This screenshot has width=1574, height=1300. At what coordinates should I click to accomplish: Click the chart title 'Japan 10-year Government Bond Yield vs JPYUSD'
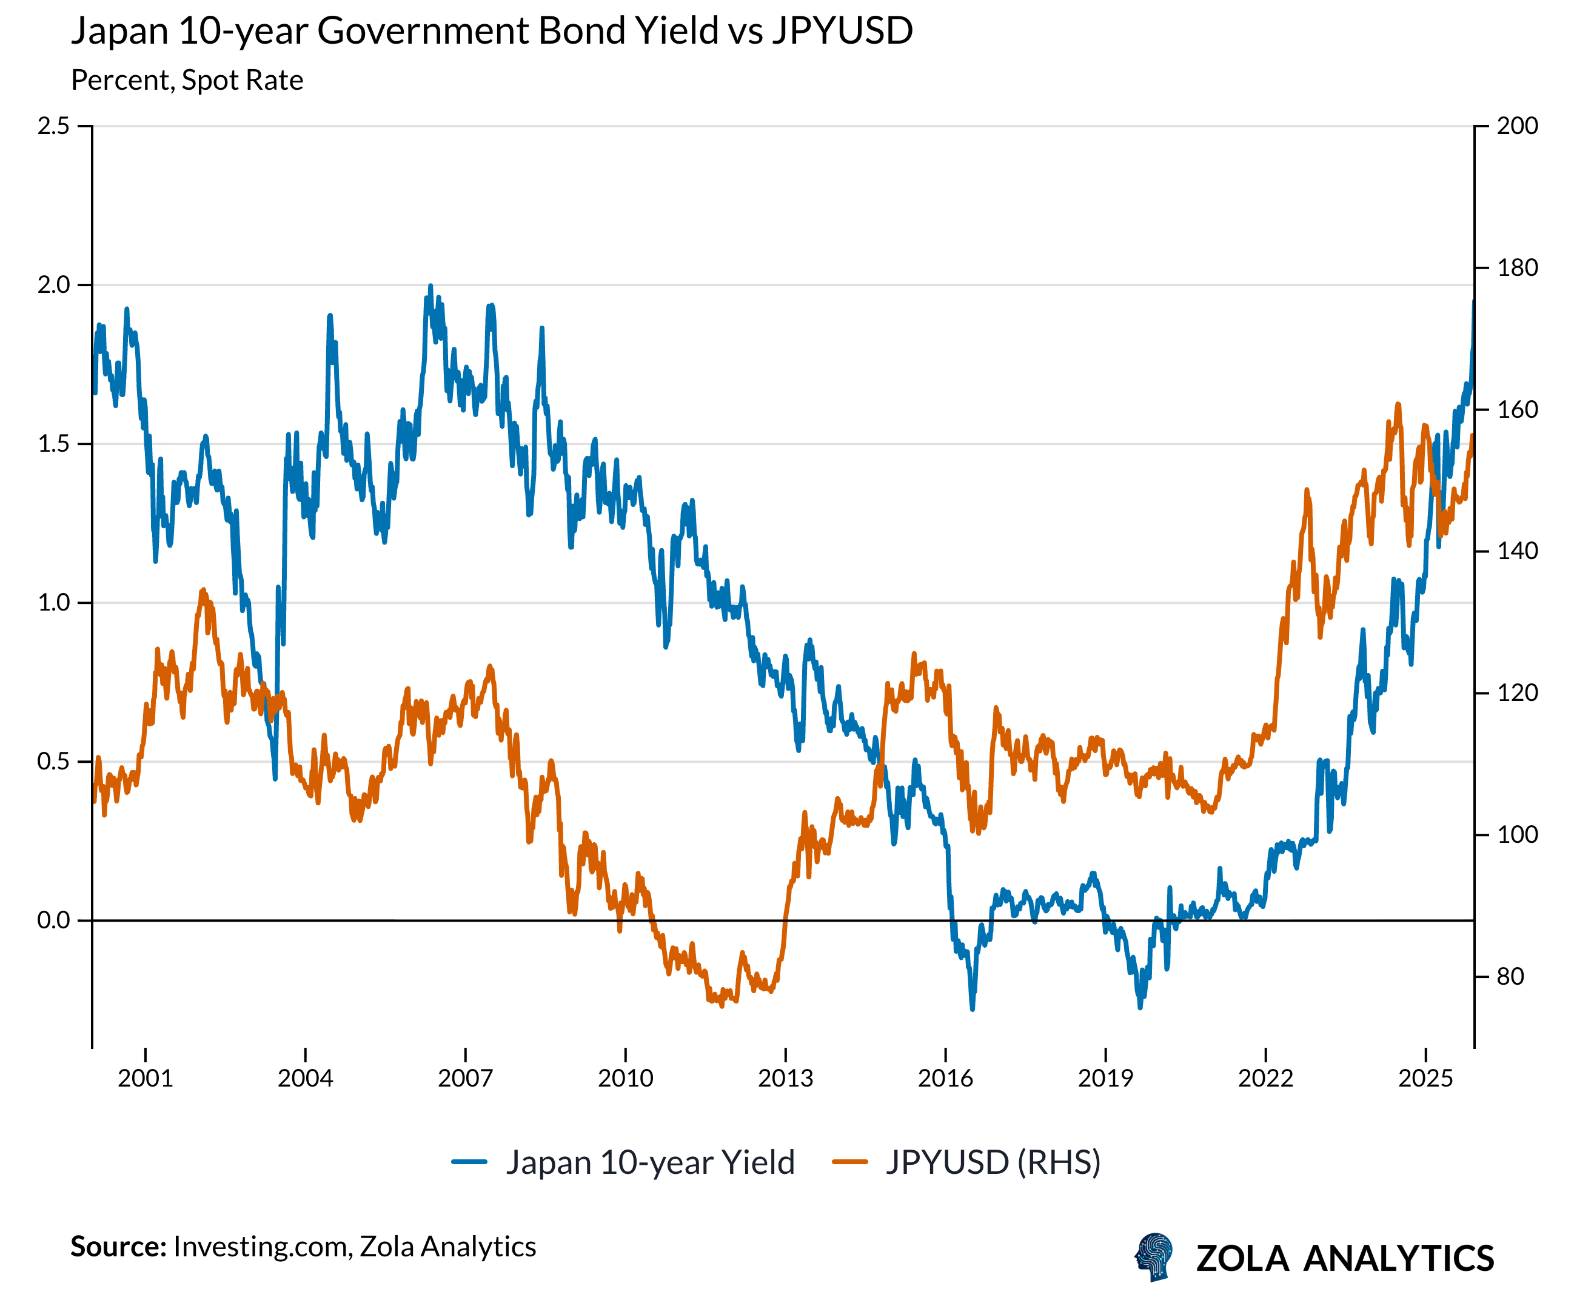491,32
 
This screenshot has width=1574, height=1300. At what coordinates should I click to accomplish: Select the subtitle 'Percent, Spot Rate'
187,80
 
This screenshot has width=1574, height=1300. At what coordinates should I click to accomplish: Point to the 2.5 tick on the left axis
53,126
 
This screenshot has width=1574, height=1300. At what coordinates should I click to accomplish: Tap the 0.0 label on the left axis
53,920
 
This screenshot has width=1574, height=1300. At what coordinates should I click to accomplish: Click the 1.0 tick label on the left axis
53,602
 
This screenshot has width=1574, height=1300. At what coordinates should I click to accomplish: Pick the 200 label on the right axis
1517,126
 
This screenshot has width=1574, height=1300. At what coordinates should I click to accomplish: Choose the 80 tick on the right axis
1510,976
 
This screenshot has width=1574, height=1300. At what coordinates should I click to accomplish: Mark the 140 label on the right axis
1517,551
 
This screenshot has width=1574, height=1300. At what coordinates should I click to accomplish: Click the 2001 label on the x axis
146,1078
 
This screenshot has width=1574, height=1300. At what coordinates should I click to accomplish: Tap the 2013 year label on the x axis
786,1078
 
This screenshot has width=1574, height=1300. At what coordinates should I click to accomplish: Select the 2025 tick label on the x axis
1425,1078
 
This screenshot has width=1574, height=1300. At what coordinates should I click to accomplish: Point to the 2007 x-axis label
465,1078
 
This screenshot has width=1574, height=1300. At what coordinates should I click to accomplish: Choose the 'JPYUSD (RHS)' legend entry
993,1162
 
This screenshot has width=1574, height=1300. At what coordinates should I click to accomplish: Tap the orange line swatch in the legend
850,1162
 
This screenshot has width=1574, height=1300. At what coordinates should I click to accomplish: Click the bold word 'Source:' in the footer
118,1246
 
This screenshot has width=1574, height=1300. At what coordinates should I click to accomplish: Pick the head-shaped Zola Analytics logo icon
1154,1256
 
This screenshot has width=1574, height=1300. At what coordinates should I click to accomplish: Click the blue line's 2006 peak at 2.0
430,286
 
